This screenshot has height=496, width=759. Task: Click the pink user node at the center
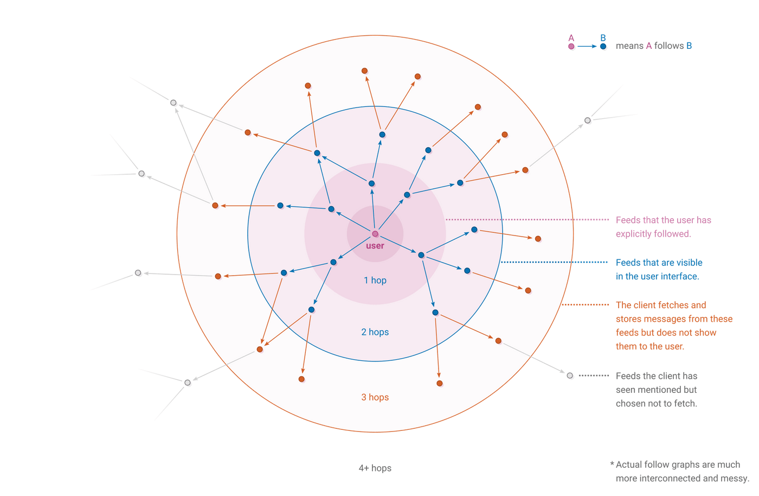click(375, 234)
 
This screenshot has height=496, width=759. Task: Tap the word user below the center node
click(375, 246)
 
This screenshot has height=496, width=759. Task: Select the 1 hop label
click(375, 280)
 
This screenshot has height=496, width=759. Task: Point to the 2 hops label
click(375, 332)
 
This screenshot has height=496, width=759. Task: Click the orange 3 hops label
click(375, 397)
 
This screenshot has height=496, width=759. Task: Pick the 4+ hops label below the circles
click(375, 468)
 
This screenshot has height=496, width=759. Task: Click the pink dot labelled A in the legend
click(571, 47)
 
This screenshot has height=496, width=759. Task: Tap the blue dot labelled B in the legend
click(603, 47)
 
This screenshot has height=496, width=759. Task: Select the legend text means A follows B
click(654, 46)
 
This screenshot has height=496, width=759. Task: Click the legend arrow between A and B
click(587, 47)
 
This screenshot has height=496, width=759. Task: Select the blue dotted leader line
click(553, 262)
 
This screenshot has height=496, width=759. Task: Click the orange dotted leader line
click(586, 305)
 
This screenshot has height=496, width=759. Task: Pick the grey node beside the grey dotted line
click(570, 376)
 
